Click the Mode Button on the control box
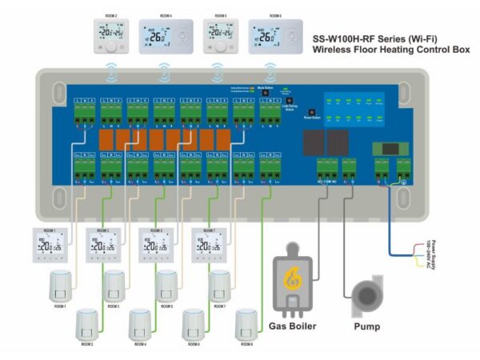(266, 93)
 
